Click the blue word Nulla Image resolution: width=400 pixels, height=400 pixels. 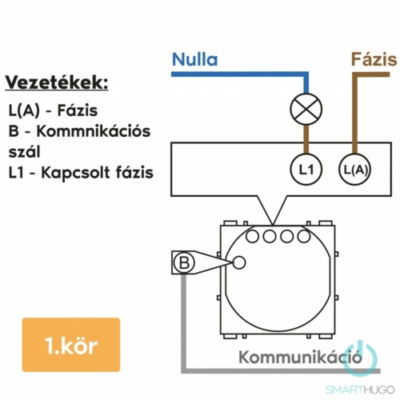click(x=194, y=59)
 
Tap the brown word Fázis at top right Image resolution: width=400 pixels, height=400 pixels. click(x=374, y=59)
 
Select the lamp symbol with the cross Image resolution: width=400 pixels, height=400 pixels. click(x=306, y=109)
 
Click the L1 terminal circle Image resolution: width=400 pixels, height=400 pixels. click(x=306, y=170)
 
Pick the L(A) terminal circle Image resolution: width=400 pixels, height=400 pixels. click(x=355, y=170)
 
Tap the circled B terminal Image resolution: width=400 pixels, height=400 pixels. click(x=184, y=262)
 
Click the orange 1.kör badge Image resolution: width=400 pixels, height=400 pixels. click(x=71, y=345)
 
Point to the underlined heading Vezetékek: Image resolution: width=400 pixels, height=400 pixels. click(x=57, y=82)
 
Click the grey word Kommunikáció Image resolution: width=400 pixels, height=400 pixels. click(x=300, y=357)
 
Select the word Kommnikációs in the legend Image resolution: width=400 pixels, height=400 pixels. click(x=94, y=131)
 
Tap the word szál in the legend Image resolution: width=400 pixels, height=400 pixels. click(x=24, y=152)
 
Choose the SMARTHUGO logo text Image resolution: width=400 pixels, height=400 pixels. click(x=360, y=390)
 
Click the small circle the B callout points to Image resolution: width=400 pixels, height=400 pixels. click(x=239, y=262)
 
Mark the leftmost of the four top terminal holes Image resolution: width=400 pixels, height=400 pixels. click(x=252, y=236)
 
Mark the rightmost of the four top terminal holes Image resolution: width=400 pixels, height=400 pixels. click(x=304, y=236)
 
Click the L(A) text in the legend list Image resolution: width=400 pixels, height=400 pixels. click(x=24, y=110)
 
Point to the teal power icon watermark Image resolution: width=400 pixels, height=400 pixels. click(x=359, y=358)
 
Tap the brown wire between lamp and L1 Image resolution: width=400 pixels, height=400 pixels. click(x=306, y=139)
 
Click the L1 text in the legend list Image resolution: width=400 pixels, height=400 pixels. click(x=15, y=173)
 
